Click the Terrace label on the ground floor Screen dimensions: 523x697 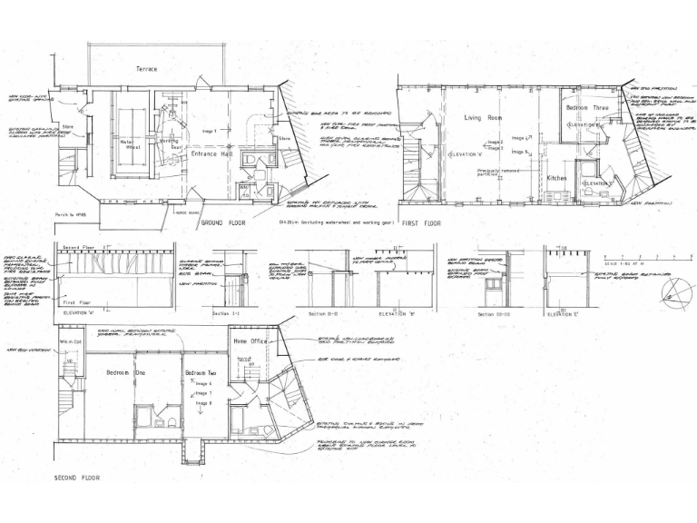click(146, 69)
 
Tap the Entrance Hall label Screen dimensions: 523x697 click(211, 155)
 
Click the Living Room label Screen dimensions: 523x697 click(483, 118)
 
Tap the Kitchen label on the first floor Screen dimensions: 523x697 click(557, 179)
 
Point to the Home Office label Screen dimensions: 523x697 click(251, 340)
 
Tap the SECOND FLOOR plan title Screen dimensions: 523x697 click(77, 477)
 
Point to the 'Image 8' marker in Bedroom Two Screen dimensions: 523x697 click(203, 402)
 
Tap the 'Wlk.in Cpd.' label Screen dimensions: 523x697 click(71, 342)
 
